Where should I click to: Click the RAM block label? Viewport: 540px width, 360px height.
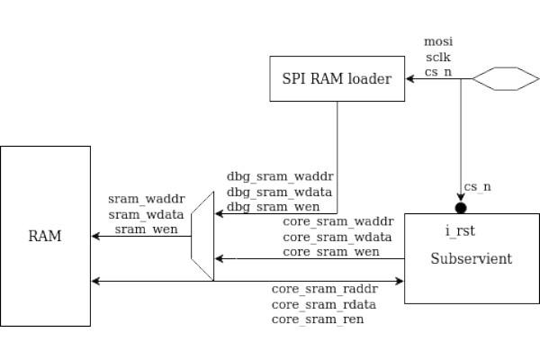(45, 237)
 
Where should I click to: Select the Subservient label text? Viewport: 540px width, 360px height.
(471, 259)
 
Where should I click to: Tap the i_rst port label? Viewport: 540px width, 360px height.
(460, 232)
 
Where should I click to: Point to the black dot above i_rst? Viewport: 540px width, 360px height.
(461, 208)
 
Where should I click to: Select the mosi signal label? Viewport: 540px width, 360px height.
(438, 41)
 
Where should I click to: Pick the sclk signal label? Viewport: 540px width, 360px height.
(438, 56)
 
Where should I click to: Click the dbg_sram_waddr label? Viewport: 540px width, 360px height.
(272, 177)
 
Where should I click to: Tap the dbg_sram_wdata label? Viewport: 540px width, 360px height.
(271, 192)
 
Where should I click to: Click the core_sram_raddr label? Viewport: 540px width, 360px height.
(324, 289)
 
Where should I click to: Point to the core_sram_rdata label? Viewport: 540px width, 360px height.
(324, 303)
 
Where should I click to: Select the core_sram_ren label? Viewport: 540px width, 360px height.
(317, 319)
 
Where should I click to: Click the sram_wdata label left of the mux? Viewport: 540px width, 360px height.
(146, 214)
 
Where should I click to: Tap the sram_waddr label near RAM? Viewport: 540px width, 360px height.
(146, 199)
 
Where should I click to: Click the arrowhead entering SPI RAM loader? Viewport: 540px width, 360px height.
(409, 80)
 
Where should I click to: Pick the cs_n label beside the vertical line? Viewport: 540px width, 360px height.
(477, 187)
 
